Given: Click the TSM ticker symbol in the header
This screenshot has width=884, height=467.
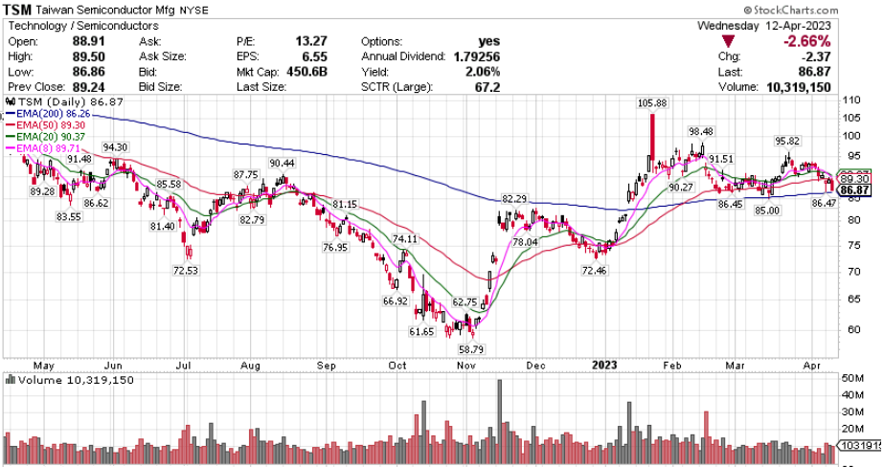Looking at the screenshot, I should (x=24, y=10).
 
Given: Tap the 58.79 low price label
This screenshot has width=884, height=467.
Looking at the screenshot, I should (x=471, y=350).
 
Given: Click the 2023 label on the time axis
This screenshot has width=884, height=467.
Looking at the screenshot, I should (x=603, y=365).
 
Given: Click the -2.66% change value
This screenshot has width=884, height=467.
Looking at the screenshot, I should (x=806, y=42).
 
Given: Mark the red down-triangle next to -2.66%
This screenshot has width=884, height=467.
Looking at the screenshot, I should (x=730, y=42).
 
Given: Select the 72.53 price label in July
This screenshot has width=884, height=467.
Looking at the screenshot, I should (x=186, y=271).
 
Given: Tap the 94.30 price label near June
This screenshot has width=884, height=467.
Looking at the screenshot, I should (x=115, y=147).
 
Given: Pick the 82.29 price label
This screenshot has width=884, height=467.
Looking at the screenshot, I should (x=514, y=198).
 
